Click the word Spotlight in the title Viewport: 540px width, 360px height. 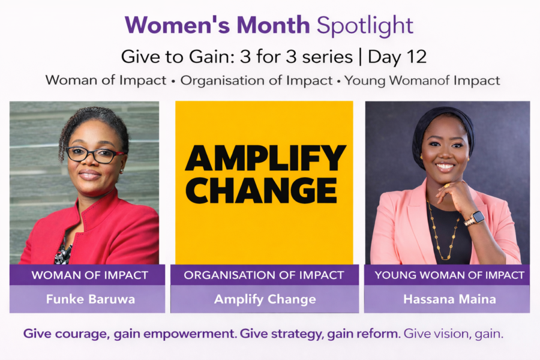[365, 26]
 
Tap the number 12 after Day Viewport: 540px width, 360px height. [417, 56]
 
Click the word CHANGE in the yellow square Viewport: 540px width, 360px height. [261, 191]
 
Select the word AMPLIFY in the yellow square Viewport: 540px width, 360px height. [265, 158]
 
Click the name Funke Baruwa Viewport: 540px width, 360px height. [91, 299]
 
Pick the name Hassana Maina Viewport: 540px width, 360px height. [450, 299]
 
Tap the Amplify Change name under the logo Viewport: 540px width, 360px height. [265, 299]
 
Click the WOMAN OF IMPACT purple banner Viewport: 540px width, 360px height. [87, 275]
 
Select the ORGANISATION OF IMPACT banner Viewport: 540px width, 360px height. [265, 275]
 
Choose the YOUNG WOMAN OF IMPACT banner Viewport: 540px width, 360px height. [447, 275]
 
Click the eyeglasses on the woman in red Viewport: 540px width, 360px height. [95, 155]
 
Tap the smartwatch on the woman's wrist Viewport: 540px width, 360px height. [475, 218]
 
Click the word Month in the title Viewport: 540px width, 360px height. [273, 25]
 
